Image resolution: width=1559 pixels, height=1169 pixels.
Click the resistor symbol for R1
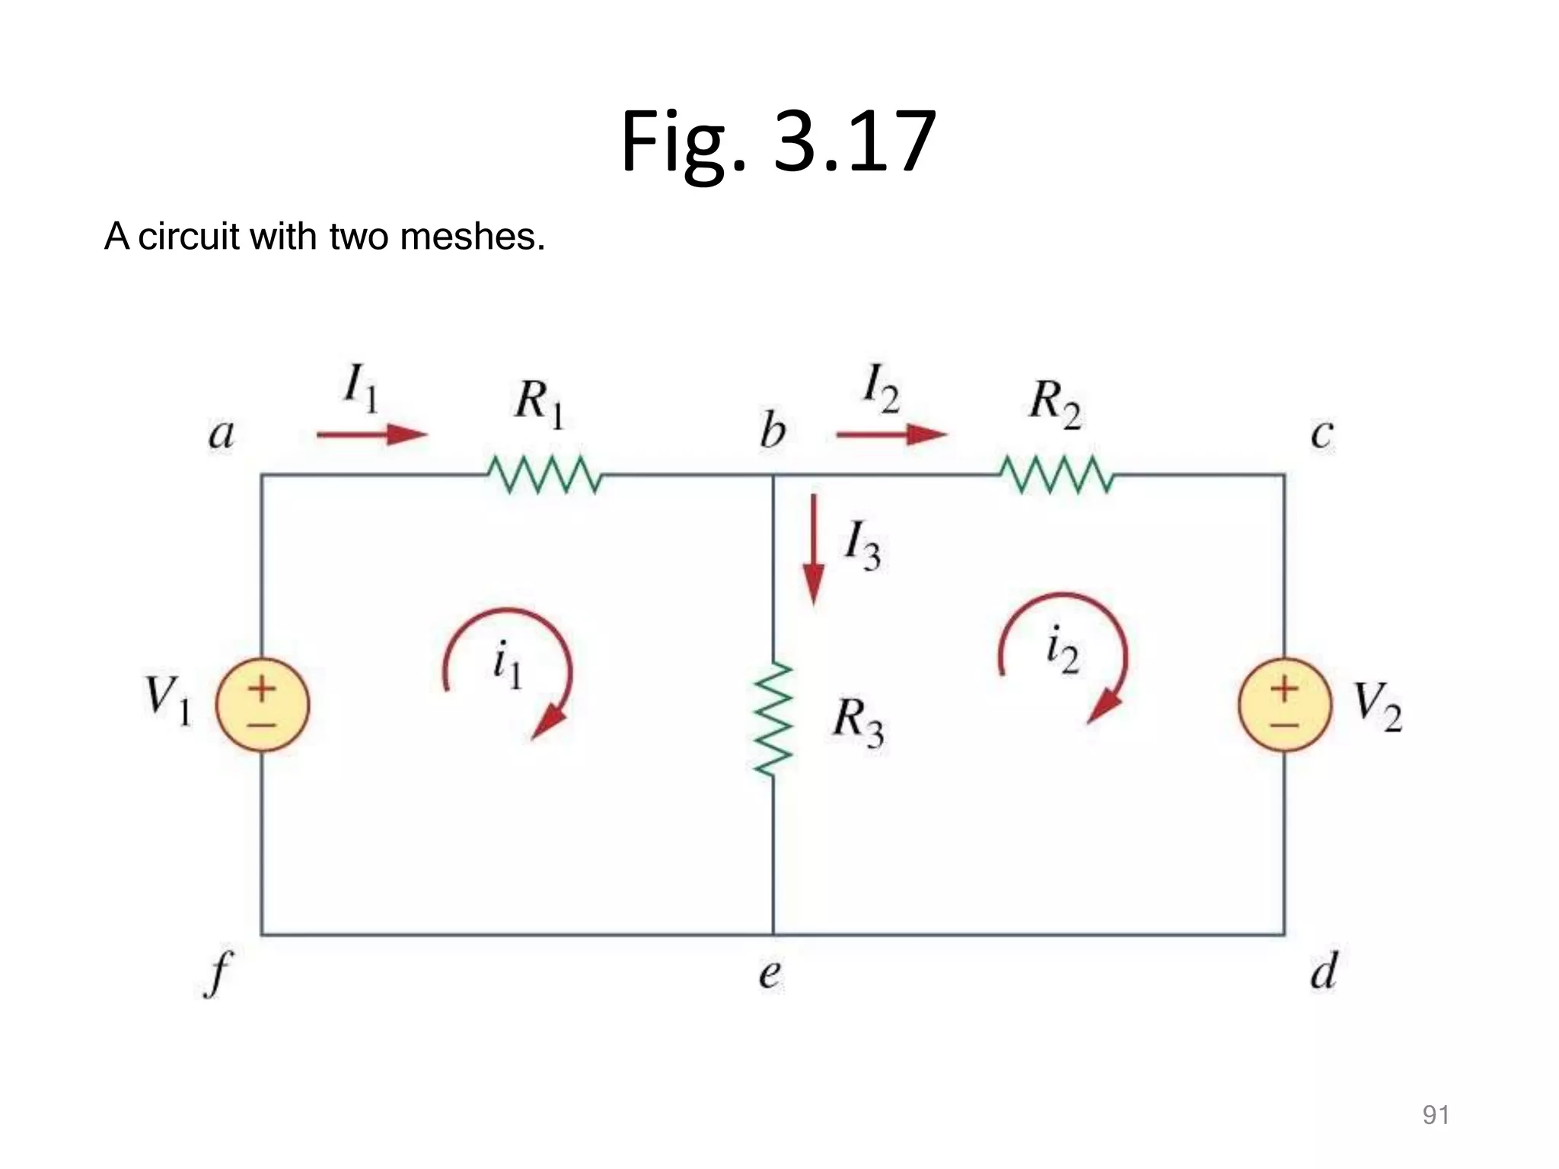click(x=544, y=475)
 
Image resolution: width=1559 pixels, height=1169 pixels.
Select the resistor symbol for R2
click(x=1057, y=475)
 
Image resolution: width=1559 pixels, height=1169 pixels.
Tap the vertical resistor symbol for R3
click(x=773, y=719)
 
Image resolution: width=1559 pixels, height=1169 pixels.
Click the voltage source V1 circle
click(x=263, y=705)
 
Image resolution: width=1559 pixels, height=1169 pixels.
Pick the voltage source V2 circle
click(x=1285, y=705)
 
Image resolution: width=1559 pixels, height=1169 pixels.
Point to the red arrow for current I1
click(x=372, y=435)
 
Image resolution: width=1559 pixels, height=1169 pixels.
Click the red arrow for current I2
click(x=891, y=435)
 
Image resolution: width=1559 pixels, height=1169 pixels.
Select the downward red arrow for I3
click(x=814, y=549)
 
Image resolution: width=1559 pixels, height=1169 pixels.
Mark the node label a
click(x=222, y=435)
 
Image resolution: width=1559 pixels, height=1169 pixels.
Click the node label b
click(x=773, y=431)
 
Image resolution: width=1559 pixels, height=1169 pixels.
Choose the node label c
click(x=1322, y=435)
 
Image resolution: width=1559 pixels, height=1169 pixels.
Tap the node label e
click(x=770, y=974)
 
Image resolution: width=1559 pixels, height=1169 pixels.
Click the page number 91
click(x=1436, y=1115)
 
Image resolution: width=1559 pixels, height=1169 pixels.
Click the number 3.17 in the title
click(x=854, y=141)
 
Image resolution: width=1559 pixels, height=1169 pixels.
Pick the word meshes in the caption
click(x=472, y=236)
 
